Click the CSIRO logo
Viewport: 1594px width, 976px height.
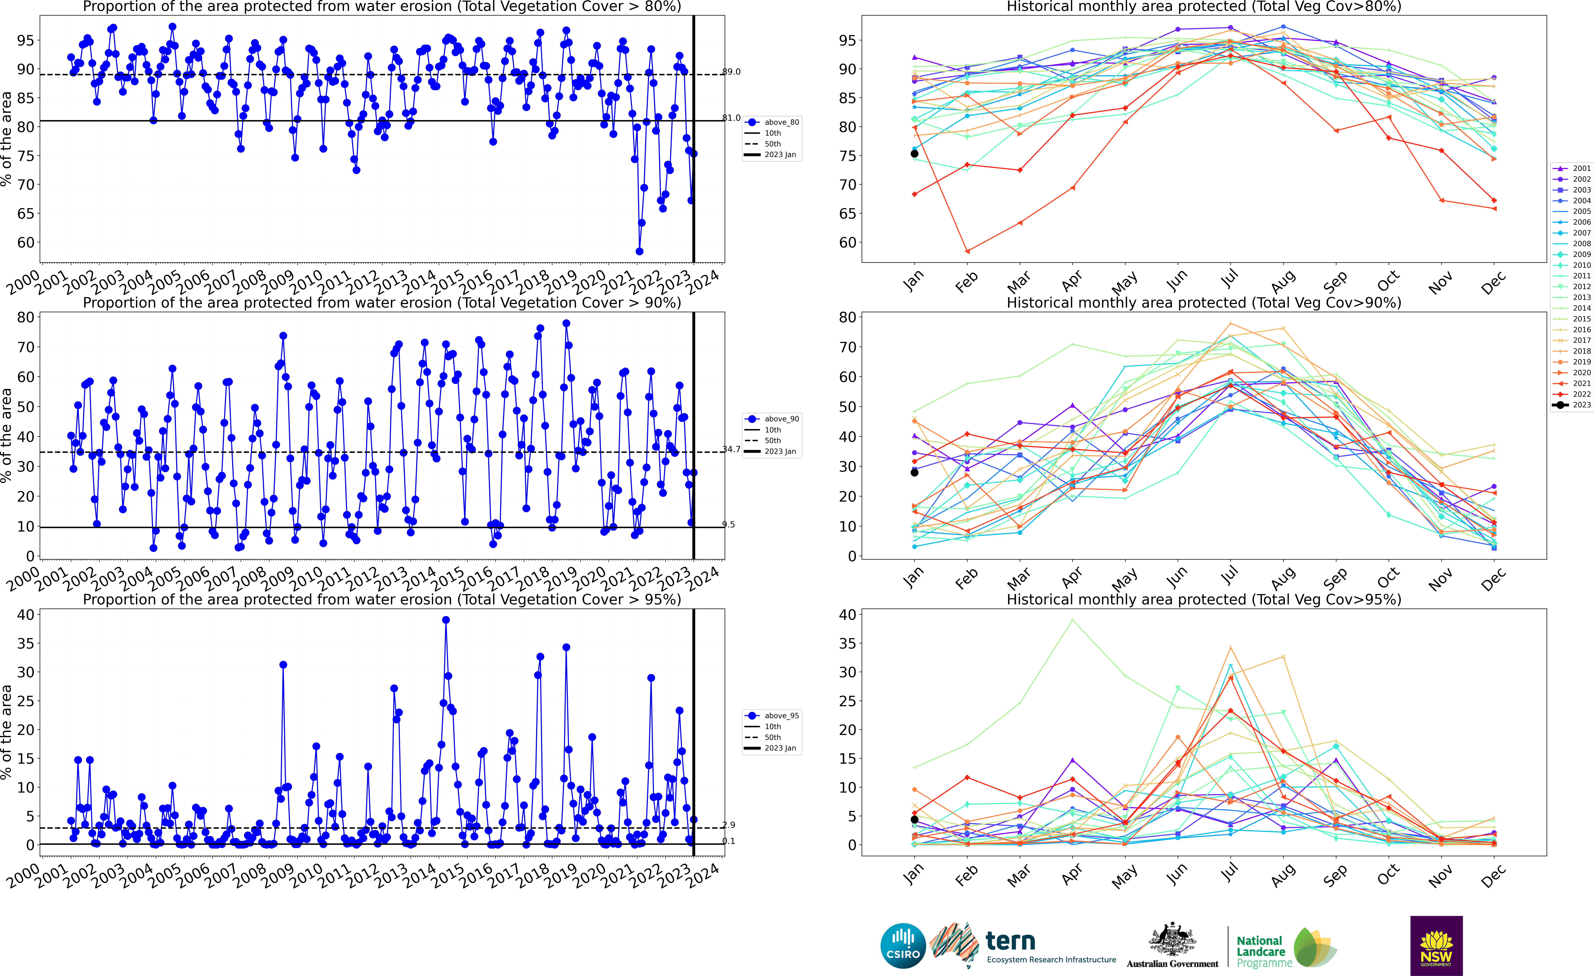tap(903, 946)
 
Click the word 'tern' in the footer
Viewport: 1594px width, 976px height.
tap(1010, 940)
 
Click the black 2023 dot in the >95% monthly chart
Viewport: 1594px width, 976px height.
tap(914, 819)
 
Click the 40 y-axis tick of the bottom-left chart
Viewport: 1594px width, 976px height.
tap(25, 615)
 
